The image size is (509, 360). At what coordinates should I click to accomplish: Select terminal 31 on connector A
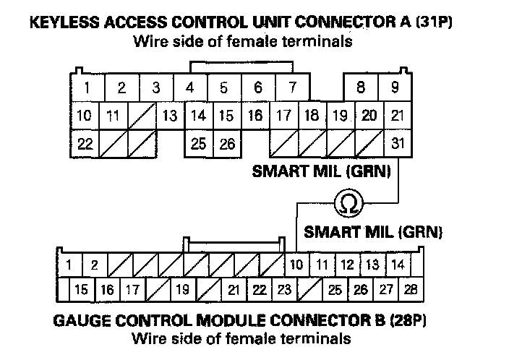tap(398, 143)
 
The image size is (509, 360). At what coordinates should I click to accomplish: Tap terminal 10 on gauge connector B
tap(295, 265)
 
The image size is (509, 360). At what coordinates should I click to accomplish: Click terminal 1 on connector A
tap(87, 88)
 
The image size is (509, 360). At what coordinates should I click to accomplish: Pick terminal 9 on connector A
tap(395, 88)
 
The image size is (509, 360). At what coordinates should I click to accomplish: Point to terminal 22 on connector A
tap(85, 143)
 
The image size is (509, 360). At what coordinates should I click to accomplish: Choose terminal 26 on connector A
tap(227, 143)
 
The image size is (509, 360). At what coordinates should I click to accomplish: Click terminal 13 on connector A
tap(170, 116)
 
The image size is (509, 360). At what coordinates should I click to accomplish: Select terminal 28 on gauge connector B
tap(410, 290)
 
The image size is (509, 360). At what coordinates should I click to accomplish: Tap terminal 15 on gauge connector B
tap(82, 290)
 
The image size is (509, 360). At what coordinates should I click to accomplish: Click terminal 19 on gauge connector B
tap(181, 290)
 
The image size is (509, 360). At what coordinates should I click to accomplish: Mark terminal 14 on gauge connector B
tap(398, 265)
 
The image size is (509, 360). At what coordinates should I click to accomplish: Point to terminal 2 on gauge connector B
tap(94, 265)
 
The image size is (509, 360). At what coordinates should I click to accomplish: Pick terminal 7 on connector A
tap(291, 88)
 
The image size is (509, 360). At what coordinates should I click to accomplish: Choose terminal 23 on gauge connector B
tap(284, 290)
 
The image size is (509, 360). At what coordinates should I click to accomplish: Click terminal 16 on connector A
tap(255, 116)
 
